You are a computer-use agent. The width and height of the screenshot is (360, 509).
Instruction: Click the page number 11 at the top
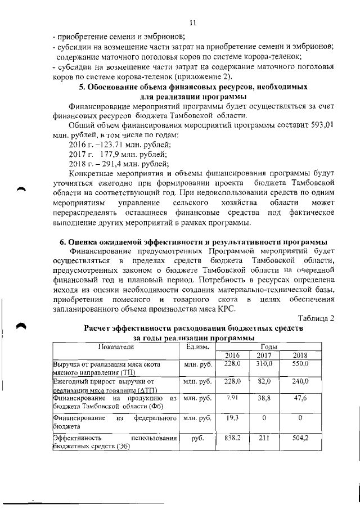[192, 23]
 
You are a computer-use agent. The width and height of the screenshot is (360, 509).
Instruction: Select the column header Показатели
[114, 346]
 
